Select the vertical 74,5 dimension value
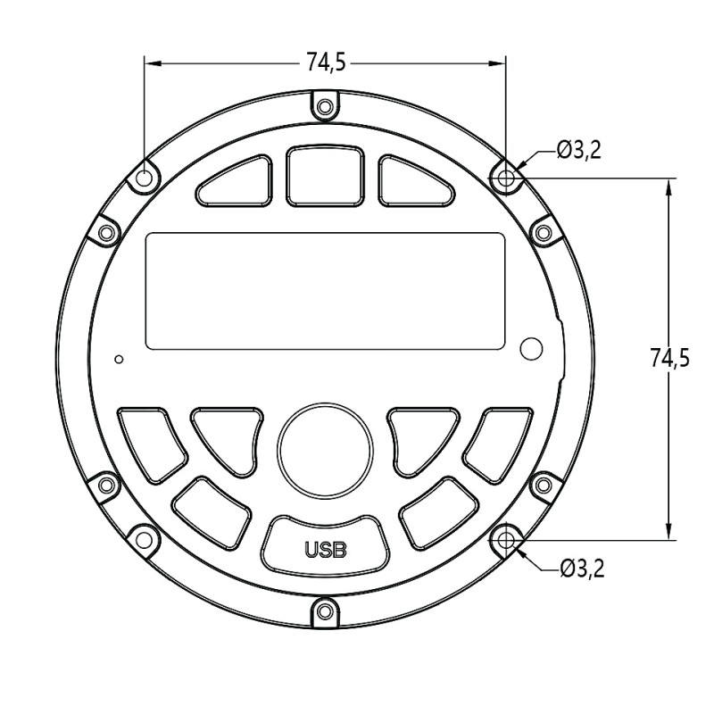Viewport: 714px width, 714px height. [x=669, y=359]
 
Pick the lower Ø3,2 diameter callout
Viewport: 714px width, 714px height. [x=582, y=569]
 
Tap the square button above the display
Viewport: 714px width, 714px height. [x=325, y=176]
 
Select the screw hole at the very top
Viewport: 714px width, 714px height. [x=325, y=107]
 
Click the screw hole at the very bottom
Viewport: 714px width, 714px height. [x=325, y=610]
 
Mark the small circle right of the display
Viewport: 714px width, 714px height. [x=532, y=349]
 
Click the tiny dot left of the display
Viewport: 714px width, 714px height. [x=119, y=360]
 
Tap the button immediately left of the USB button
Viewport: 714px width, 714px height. [x=212, y=512]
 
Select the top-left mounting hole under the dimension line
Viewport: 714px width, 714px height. [x=145, y=178]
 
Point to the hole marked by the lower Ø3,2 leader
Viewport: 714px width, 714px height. [x=506, y=539]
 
